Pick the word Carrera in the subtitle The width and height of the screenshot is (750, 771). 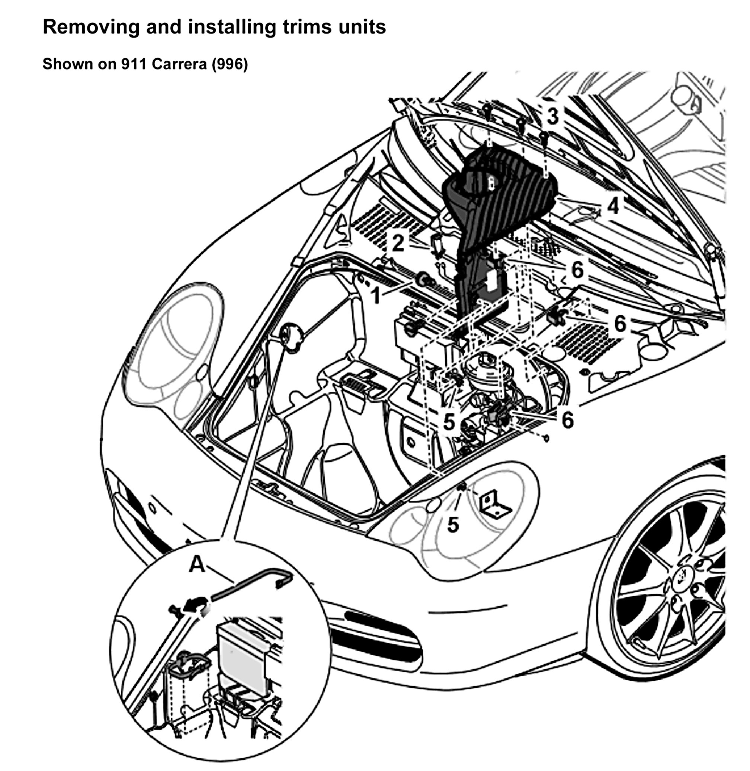(179, 64)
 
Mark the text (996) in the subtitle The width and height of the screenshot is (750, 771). (230, 64)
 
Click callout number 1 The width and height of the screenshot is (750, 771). (376, 295)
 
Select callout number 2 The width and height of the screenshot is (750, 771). (398, 243)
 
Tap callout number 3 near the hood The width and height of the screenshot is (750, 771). (553, 116)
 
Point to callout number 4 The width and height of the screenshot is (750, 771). (612, 206)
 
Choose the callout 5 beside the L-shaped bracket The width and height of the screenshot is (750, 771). (453, 524)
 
